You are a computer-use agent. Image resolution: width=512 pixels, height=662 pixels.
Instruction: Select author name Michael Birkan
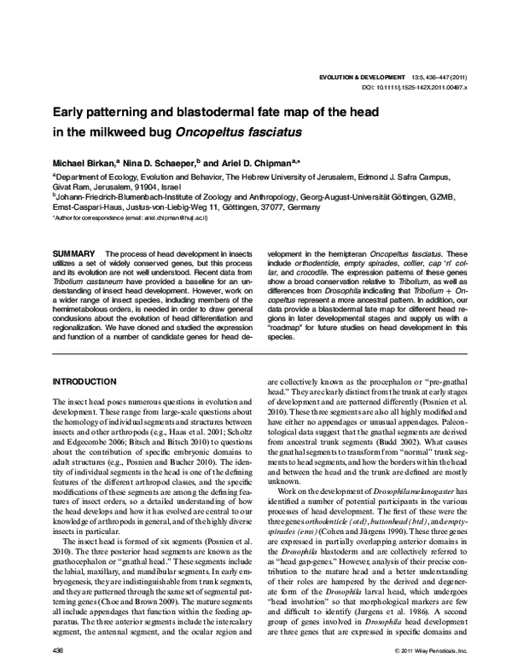click(x=89, y=161)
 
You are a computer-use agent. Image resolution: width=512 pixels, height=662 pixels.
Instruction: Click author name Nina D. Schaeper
click(x=172, y=161)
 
